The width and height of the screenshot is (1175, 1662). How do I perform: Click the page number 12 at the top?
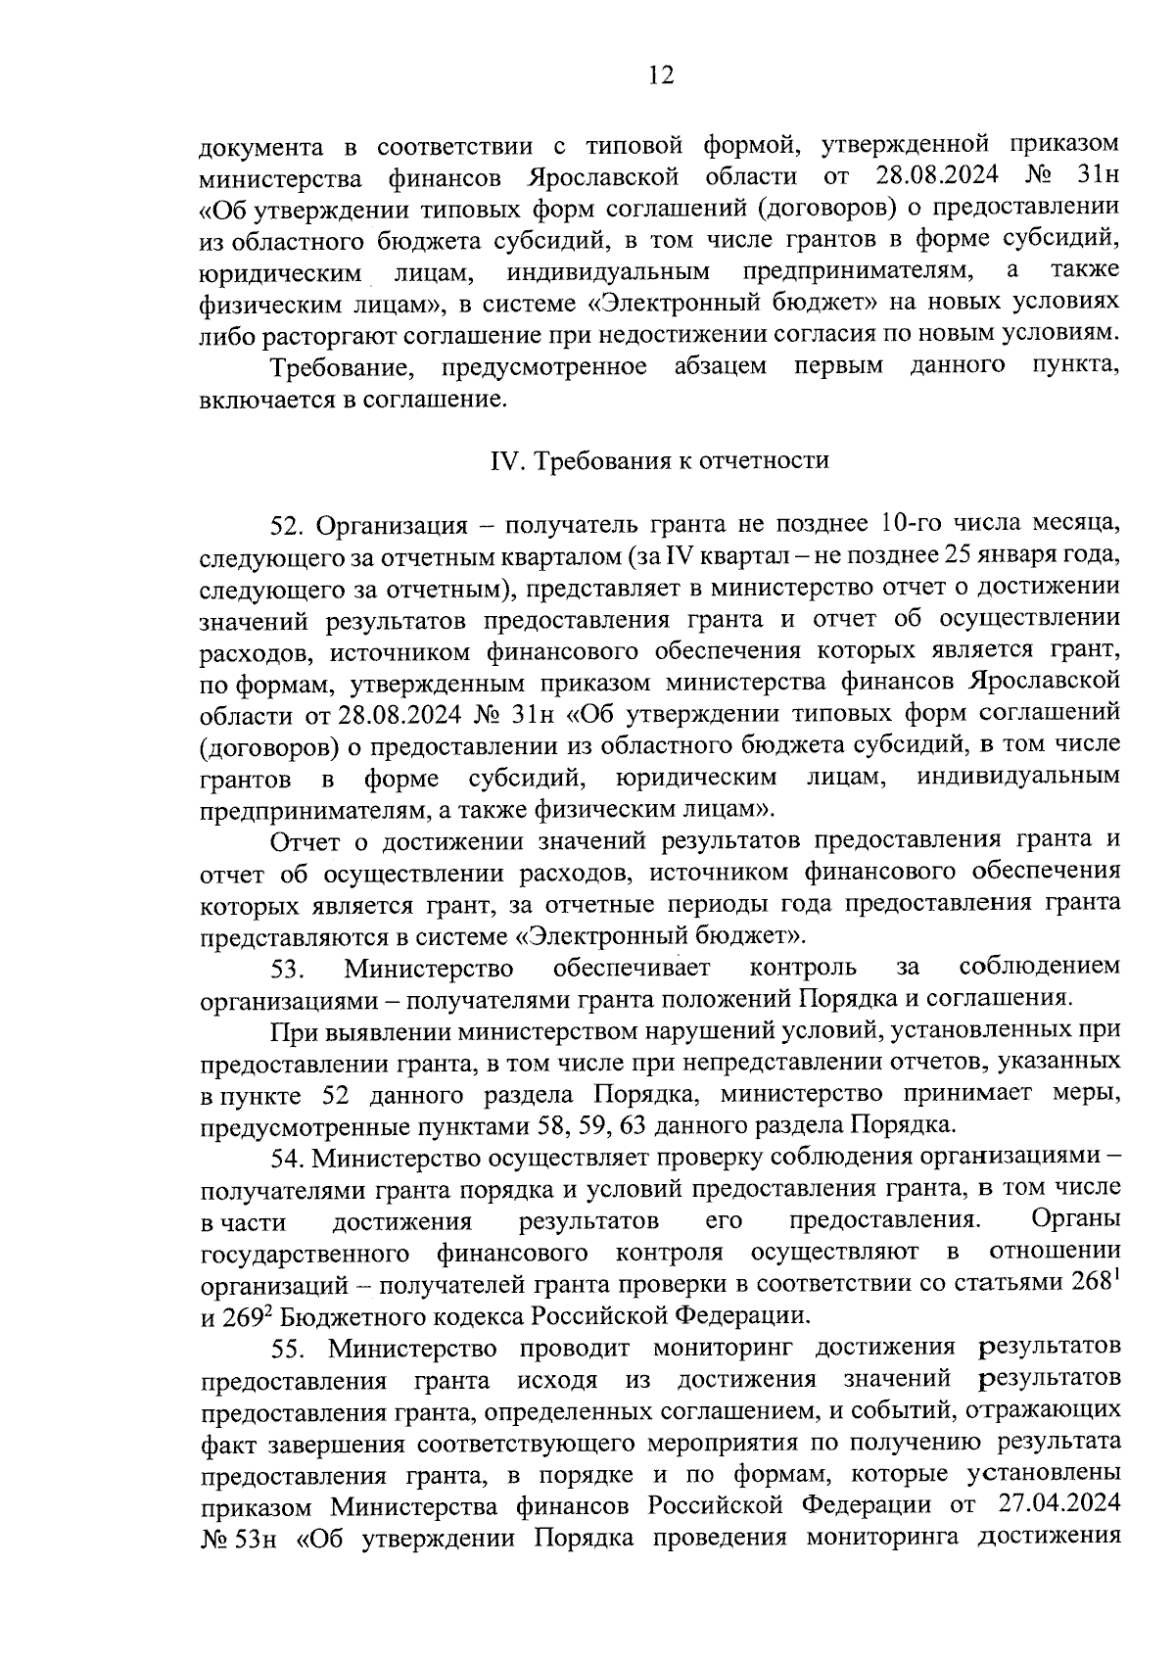click(x=660, y=75)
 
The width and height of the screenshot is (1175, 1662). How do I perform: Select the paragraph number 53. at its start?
click(x=290, y=969)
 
